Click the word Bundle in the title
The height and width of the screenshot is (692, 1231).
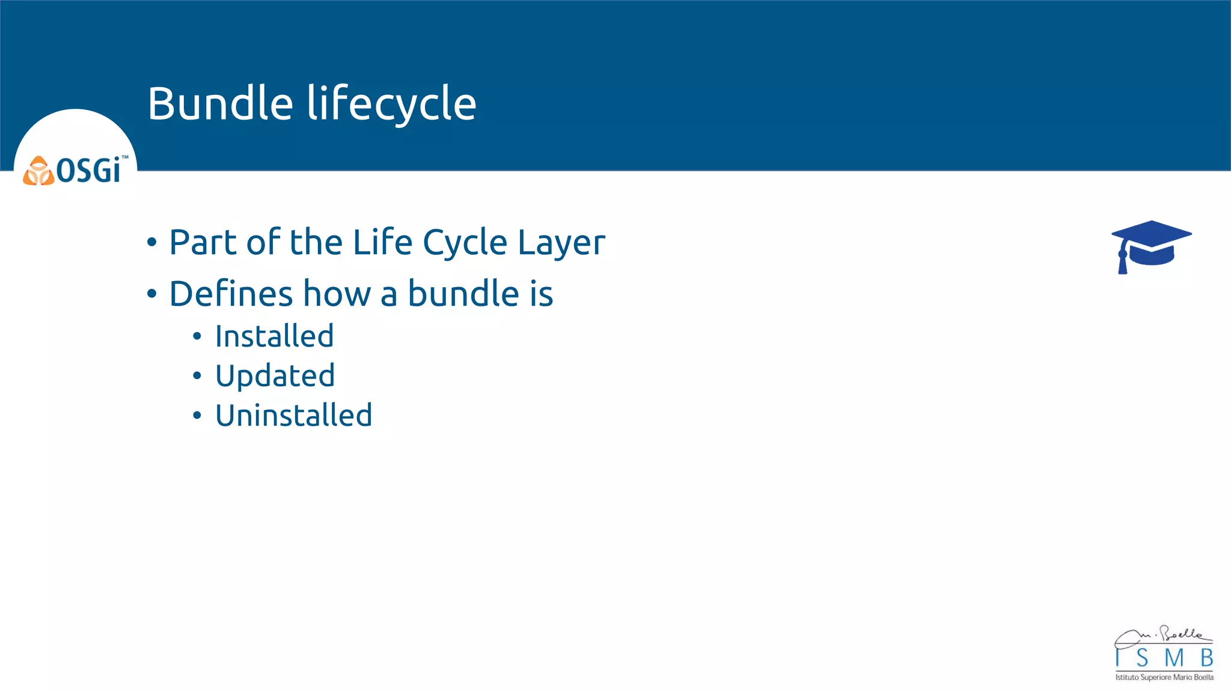coord(220,103)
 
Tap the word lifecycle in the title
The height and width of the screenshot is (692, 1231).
coord(392,103)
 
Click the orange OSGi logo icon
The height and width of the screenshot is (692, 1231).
coord(38,171)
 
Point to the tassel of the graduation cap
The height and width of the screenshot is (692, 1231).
coord(1122,262)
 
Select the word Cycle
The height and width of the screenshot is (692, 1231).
coord(465,243)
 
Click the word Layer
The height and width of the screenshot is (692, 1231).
coord(561,243)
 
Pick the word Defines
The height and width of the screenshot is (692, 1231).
coord(231,294)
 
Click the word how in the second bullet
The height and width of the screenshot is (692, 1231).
coord(337,294)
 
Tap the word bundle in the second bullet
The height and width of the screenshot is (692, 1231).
coord(463,294)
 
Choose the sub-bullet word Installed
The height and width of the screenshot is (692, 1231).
coord(274,336)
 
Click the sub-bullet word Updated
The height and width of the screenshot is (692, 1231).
coord(275,376)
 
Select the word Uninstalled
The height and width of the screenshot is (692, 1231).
coord(293,416)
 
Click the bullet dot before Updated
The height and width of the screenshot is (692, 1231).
coord(197,376)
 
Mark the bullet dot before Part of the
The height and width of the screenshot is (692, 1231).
coord(151,243)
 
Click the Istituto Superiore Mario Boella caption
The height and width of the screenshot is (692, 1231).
coord(1164,678)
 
